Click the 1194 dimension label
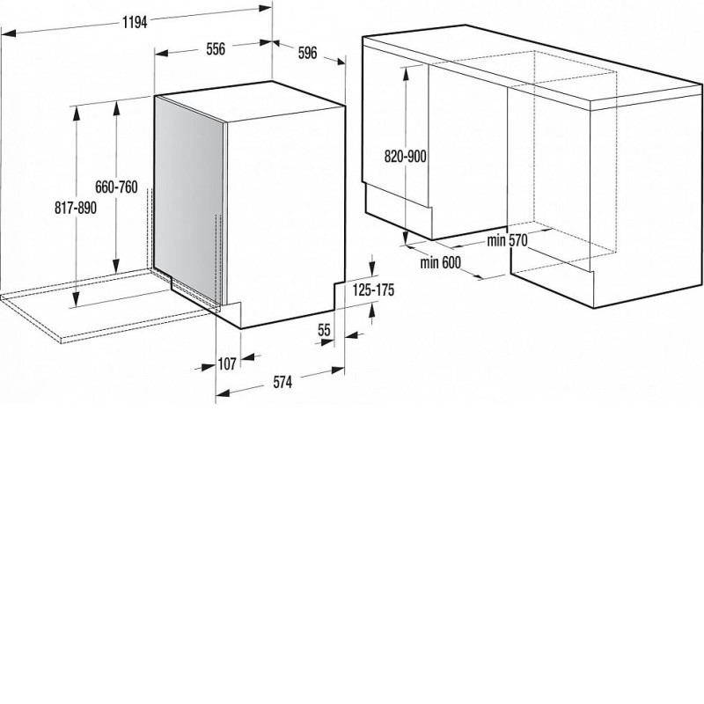pyautogui.click(x=135, y=22)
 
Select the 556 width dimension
pyautogui.click(x=216, y=49)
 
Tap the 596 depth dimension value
pyautogui.click(x=307, y=53)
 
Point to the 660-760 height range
pyautogui.click(x=116, y=187)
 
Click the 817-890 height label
pyautogui.click(x=76, y=208)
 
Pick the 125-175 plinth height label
pyautogui.click(x=373, y=290)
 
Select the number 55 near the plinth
pyautogui.click(x=324, y=331)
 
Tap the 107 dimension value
pyautogui.click(x=227, y=363)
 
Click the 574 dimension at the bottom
pyautogui.click(x=282, y=382)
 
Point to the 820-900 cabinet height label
pyautogui.click(x=406, y=157)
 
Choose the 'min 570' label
pyautogui.click(x=508, y=240)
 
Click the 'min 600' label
pyautogui.click(x=441, y=262)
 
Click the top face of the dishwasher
pyautogui.click(x=250, y=101)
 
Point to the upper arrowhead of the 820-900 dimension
pyautogui.click(x=406, y=73)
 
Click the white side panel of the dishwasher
pyautogui.click(x=286, y=216)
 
